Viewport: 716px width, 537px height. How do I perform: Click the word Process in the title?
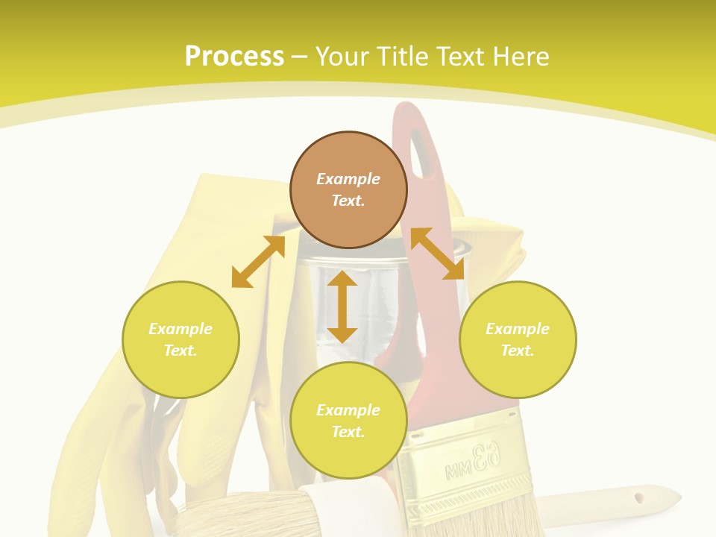234,56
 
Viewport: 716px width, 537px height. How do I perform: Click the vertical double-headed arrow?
342,307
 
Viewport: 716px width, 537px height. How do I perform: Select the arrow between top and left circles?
258,262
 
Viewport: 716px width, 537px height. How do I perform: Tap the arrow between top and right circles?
437,254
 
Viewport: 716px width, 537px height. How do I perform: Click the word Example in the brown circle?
348,179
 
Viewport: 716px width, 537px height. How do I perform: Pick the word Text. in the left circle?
180,351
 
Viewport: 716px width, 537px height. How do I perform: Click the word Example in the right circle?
518,329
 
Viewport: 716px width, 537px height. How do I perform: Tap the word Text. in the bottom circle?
348,432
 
